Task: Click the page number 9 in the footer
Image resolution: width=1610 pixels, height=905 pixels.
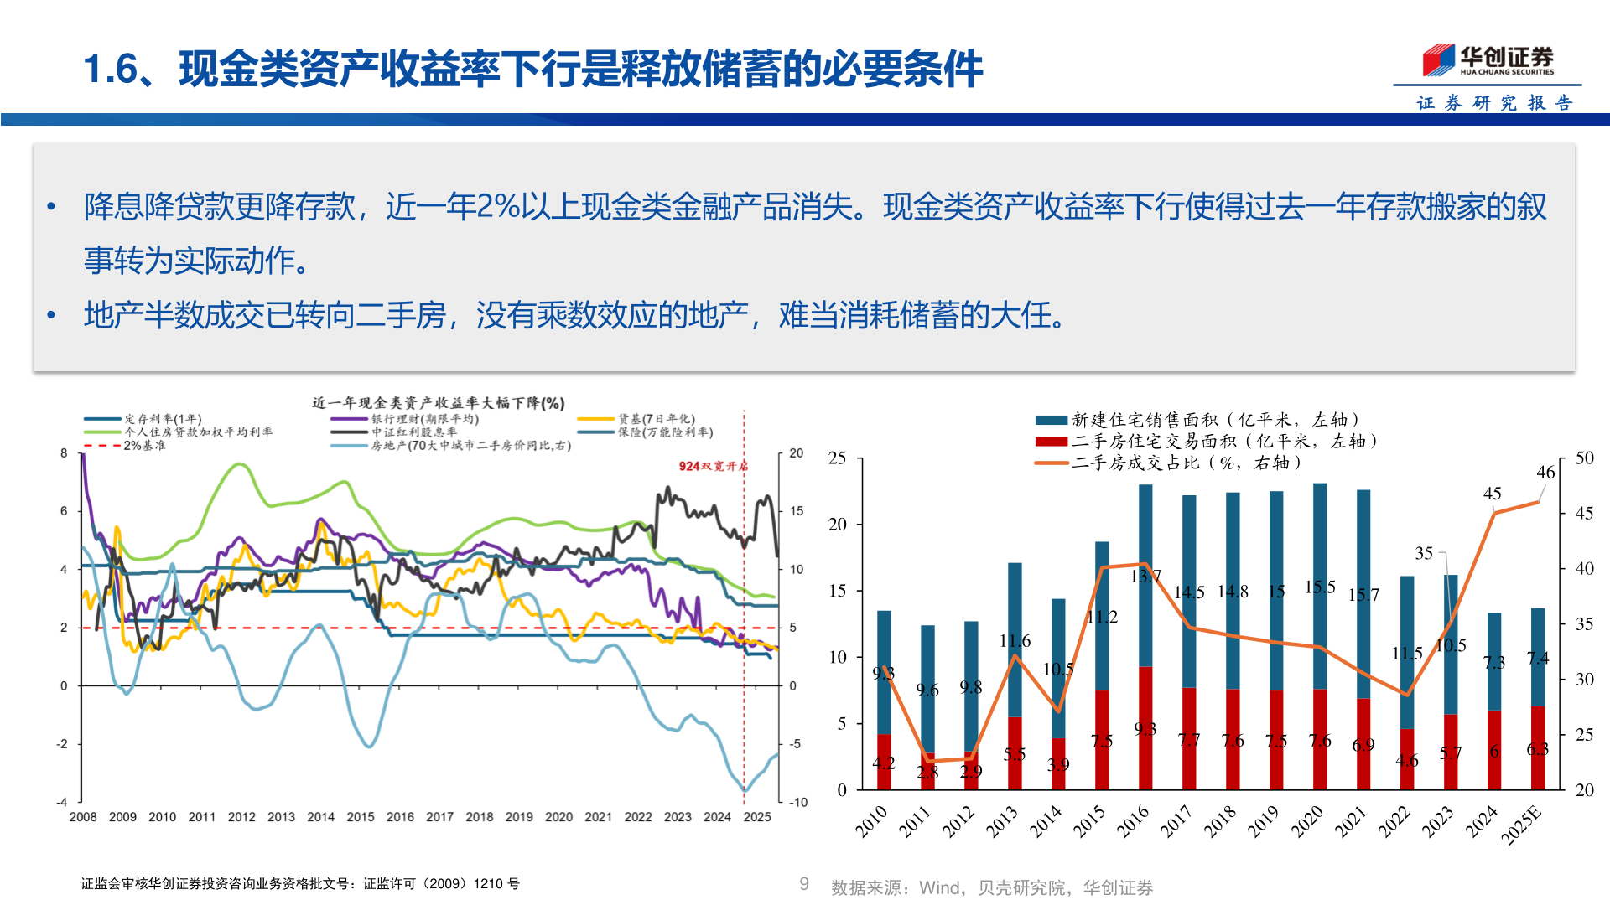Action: click(x=804, y=884)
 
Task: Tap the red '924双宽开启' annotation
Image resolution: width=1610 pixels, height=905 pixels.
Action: click(x=713, y=466)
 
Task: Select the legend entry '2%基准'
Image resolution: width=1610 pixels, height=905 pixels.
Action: click(x=144, y=446)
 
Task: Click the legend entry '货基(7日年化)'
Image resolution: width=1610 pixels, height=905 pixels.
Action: click(x=657, y=419)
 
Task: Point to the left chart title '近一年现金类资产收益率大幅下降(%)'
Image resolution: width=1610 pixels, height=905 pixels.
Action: click(x=439, y=403)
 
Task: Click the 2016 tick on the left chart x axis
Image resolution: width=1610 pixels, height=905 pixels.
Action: click(x=400, y=817)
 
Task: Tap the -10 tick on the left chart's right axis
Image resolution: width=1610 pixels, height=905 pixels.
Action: click(x=798, y=802)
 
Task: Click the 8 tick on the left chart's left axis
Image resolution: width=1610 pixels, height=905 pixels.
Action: click(x=64, y=453)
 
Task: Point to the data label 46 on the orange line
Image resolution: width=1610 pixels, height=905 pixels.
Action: click(x=1545, y=473)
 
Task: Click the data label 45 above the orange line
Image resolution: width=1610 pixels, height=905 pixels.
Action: click(x=1492, y=494)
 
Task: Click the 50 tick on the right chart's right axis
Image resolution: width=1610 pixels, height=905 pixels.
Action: click(x=1584, y=458)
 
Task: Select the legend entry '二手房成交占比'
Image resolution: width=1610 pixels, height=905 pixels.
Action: click(x=1186, y=463)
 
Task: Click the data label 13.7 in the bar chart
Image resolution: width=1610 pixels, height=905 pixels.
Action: click(x=1145, y=577)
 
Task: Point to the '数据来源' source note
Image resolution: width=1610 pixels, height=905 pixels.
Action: click(x=991, y=887)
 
